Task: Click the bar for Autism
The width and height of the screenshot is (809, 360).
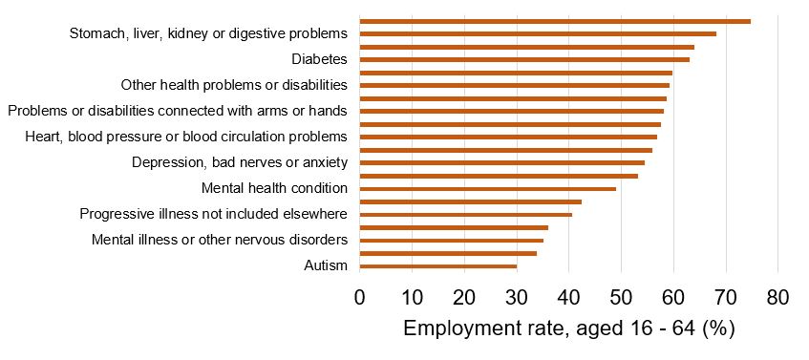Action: coord(437,266)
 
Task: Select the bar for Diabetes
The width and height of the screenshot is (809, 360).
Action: coord(524,59)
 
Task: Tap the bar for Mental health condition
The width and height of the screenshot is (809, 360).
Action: coord(487,189)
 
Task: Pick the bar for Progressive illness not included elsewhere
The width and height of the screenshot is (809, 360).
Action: coord(465,215)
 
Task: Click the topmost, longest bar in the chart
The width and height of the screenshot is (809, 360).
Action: coord(554,20)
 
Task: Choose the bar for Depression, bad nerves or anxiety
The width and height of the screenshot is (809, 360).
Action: coord(501,163)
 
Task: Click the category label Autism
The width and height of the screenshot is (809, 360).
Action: coord(323,265)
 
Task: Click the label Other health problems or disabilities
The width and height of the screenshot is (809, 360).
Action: coord(234,85)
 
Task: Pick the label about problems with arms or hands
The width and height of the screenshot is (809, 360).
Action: coord(178,111)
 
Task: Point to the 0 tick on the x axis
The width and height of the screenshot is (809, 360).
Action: coord(359,297)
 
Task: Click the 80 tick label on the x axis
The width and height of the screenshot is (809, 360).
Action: coord(777,297)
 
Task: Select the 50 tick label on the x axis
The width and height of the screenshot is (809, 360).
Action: coord(621,297)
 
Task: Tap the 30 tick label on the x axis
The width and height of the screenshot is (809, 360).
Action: coord(516,297)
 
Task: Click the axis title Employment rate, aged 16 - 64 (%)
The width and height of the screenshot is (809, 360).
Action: coord(568,329)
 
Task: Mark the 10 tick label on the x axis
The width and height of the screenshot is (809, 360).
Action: coord(412,297)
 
